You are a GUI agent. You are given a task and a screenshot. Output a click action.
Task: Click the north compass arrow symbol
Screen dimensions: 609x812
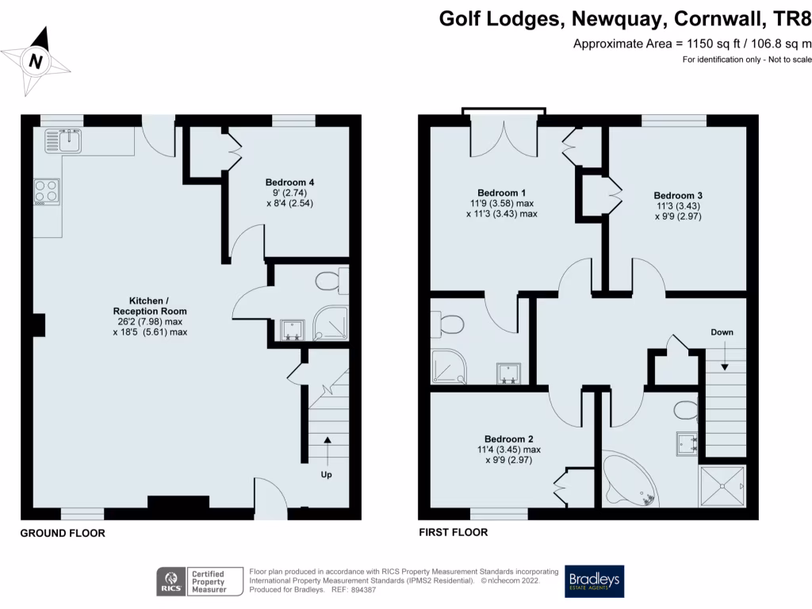pyautogui.click(x=35, y=59)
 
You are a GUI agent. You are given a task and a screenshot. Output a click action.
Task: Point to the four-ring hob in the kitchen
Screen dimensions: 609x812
pyautogui.click(x=46, y=191)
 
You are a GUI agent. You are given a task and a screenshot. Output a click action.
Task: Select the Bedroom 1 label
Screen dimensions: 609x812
pyautogui.click(x=502, y=203)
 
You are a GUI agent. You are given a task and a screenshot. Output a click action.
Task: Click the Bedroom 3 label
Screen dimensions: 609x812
pyautogui.click(x=678, y=205)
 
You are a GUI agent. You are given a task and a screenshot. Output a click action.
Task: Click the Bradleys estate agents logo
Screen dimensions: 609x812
pyautogui.click(x=594, y=581)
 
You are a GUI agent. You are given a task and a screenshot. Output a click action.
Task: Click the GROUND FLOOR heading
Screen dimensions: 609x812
pyautogui.click(x=63, y=534)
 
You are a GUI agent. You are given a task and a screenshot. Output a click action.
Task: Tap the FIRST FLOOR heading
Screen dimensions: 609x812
pyautogui.click(x=453, y=532)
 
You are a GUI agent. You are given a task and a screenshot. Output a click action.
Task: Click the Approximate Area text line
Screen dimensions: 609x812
pyautogui.click(x=691, y=44)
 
